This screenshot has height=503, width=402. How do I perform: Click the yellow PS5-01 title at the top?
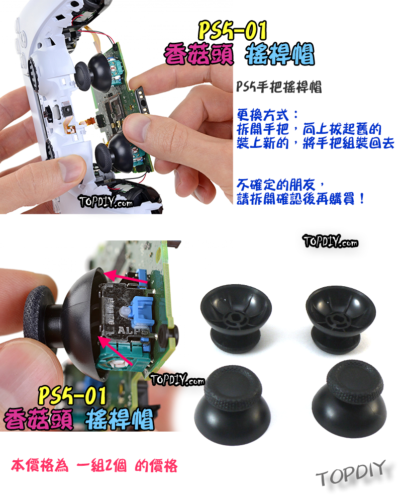232,31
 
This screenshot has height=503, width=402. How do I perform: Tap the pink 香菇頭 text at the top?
200,54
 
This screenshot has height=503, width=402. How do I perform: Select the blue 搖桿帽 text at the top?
280,54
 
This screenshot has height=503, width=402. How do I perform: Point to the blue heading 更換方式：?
268,112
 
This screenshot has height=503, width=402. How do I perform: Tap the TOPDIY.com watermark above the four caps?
330,241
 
